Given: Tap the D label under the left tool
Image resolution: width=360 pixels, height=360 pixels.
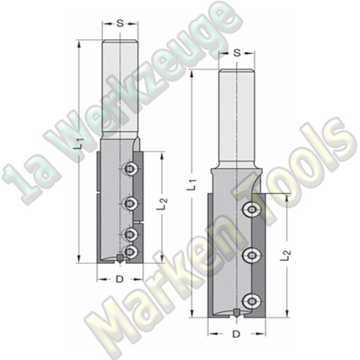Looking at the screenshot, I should tap(119, 280).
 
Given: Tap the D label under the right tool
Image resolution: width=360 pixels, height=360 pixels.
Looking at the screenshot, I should tap(237, 331).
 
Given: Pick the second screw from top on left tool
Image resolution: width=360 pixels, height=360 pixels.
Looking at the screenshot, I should tap(130, 202).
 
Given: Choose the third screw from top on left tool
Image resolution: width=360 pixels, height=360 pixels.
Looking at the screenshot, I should tap(130, 234).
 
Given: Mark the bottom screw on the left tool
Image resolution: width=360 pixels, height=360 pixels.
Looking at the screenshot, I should tap(130, 251).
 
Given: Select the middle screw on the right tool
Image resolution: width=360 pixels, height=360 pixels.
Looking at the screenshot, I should tap(252, 256).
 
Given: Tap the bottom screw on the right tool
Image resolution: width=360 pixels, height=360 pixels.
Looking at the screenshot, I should tap(252, 301).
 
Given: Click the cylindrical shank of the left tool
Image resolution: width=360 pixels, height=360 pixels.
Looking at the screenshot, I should tap(119, 88).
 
